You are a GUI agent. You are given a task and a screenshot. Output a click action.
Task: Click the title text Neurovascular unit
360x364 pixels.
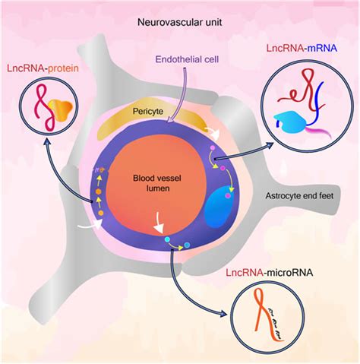(x=179, y=22)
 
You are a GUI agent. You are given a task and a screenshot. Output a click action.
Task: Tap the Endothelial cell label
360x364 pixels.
(x=187, y=59)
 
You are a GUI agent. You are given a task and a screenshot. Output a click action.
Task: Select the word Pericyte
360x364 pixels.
(x=148, y=111)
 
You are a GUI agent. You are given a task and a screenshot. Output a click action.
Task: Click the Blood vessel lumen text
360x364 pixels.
(x=157, y=183)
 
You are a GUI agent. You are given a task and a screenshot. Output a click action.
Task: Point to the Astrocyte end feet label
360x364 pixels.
(x=299, y=195)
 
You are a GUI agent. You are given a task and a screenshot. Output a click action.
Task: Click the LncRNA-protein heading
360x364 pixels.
(x=43, y=68)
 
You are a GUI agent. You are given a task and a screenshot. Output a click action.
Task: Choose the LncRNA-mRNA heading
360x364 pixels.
(x=302, y=48)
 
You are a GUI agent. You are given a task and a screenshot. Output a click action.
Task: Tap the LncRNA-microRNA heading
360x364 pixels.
(x=270, y=273)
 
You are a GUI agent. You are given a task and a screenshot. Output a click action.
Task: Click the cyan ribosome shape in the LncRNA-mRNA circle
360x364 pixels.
(x=290, y=122)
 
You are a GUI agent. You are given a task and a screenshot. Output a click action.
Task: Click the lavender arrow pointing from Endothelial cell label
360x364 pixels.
(x=179, y=94)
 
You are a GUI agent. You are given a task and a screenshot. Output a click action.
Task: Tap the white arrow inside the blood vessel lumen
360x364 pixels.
(x=159, y=223)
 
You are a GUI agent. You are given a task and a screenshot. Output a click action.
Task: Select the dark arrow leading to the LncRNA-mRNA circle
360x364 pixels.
(x=244, y=151)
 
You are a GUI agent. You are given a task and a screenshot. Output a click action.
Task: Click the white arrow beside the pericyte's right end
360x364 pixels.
(x=212, y=133)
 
